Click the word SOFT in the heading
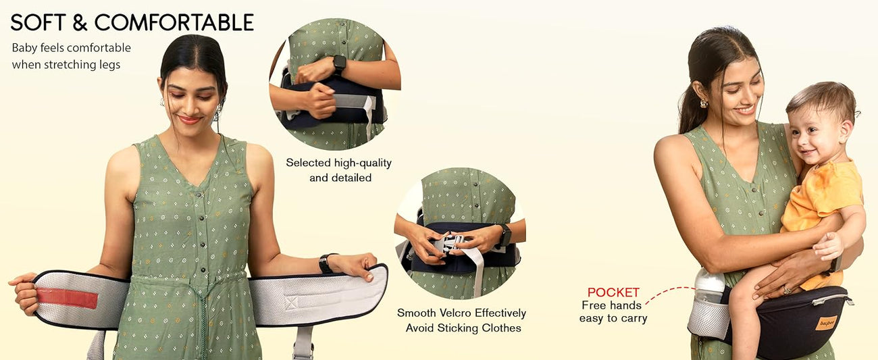pos(38,22)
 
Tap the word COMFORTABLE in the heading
pos(174,22)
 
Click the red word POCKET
pos(613,292)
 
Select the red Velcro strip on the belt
pos(67,298)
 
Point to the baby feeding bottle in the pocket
pos(709,286)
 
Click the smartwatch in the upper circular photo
pos(339,64)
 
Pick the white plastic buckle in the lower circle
pos(450,245)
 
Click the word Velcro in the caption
pos(455,313)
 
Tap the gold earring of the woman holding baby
pos(704,103)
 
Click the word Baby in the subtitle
pos(24,48)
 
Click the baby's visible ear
pos(846,132)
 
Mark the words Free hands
pos(611,305)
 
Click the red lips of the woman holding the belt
pos(189,120)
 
